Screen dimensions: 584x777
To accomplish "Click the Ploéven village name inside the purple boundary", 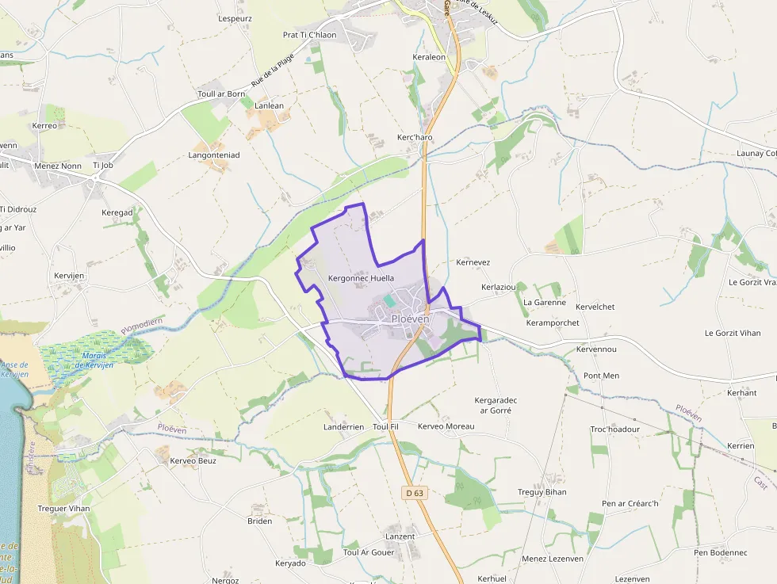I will (410, 319).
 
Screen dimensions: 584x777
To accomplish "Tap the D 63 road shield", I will (415, 493).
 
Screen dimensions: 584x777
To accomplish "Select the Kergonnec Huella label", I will (361, 278).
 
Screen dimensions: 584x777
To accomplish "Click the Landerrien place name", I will (344, 426).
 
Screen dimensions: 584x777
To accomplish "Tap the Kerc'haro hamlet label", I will (415, 137).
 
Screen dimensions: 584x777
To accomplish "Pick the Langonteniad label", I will (214, 155).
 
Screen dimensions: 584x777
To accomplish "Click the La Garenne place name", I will (545, 302).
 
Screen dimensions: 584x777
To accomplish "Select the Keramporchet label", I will (553, 323).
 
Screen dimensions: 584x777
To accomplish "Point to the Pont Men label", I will (601, 375).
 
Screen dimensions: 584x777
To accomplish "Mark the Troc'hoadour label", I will (614, 429).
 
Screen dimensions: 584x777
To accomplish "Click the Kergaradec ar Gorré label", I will (496, 405).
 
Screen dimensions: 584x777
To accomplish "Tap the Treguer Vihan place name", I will (63, 508).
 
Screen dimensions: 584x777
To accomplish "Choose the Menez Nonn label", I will (58, 166).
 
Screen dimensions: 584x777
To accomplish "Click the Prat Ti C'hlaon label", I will (309, 35).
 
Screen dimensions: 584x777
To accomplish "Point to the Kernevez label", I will (473, 262).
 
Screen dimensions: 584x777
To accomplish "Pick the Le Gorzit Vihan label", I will (733, 333).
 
